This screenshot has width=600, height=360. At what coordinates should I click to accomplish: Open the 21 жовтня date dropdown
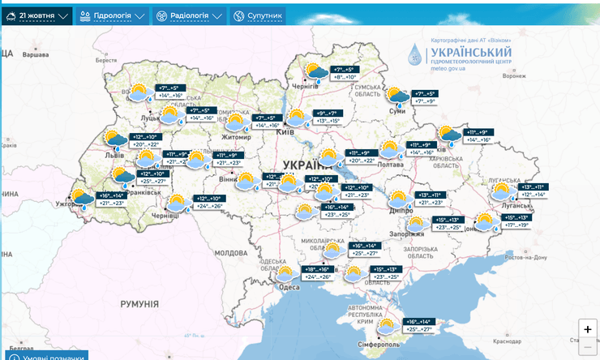click(37, 15)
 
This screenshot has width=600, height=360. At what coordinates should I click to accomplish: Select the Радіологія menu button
click(188, 15)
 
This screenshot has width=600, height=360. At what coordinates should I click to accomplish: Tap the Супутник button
click(257, 15)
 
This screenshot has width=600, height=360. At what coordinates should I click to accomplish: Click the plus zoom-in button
click(587, 329)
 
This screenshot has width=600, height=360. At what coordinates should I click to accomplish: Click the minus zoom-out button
click(587, 348)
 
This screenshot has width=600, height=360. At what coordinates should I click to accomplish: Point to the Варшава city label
click(35, 54)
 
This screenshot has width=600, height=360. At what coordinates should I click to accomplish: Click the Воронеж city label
click(514, 75)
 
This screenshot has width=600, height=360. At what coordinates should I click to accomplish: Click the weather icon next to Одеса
click(285, 273)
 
